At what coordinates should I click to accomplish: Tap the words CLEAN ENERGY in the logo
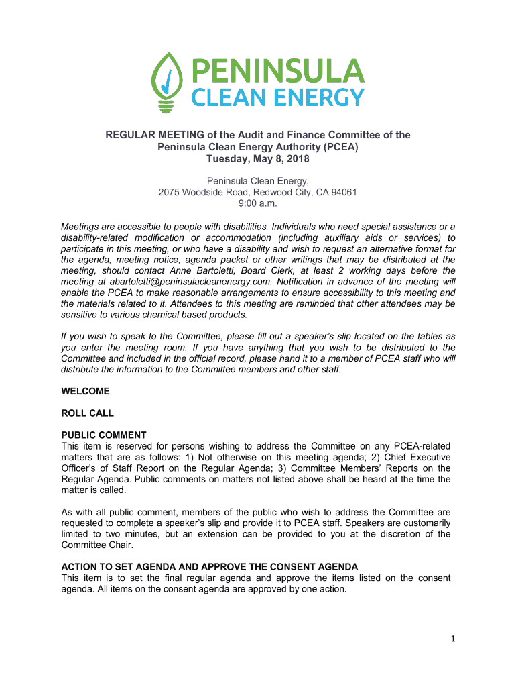[279, 98]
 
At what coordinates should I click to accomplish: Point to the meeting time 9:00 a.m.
[258, 203]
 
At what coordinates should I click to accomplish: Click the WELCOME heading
[85, 391]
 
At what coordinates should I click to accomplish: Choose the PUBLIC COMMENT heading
[104, 435]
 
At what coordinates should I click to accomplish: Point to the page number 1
[453, 639]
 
